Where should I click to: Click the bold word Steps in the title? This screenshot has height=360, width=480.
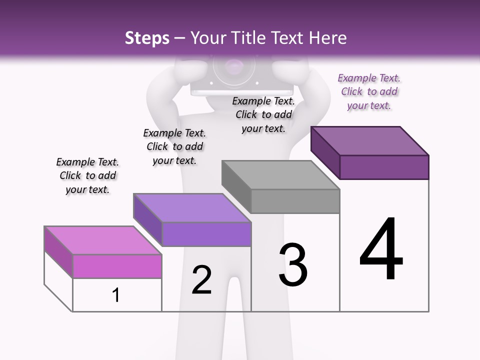[x=147, y=38]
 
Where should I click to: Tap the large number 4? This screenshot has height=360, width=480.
[x=381, y=250]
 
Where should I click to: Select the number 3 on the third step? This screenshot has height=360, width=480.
[x=293, y=265]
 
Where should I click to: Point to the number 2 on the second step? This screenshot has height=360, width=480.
[x=202, y=280]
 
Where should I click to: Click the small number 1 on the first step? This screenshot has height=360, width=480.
[x=115, y=295]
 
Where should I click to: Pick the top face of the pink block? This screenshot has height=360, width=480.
[x=103, y=240]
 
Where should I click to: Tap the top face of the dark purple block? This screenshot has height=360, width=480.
[x=370, y=141]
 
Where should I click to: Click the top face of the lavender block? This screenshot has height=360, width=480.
[x=192, y=207]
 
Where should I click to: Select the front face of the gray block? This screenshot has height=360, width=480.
[x=295, y=201]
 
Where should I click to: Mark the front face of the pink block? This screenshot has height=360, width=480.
[x=117, y=266]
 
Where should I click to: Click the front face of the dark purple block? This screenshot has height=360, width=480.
[x=384, y=167]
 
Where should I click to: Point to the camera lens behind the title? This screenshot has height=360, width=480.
[x=233, y=67]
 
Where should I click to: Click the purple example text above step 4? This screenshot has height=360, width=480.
[x=369, y=92]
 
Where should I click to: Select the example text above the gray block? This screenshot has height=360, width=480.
[x=263, y=114]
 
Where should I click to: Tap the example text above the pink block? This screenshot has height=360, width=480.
[x=87, y=175]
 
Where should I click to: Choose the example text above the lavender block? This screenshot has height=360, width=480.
[x=174, y=146]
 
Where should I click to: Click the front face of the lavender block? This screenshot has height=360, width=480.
[x=206, y=234]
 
